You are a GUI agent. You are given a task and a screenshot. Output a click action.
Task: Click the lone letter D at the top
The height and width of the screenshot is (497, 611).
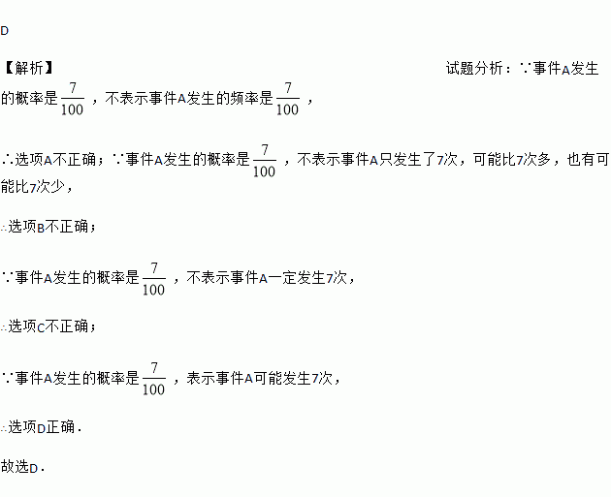click(5, 31)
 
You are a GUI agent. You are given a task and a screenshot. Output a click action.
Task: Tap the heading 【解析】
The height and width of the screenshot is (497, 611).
click(27, 68)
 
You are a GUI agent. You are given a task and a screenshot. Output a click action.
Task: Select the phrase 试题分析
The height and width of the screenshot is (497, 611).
click(474, 68)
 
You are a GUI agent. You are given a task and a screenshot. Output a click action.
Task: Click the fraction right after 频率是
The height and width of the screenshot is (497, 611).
click(287, 99)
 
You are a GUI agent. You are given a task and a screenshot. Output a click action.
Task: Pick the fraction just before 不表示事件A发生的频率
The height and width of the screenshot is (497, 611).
click(72, 99)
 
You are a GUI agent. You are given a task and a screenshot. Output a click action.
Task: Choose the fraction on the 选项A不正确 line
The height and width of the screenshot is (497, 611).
click(264, 161)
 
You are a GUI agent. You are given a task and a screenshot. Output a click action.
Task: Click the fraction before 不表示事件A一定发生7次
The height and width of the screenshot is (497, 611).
click(153, 278)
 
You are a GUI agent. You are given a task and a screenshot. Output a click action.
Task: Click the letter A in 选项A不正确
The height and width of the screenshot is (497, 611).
click(48, 160)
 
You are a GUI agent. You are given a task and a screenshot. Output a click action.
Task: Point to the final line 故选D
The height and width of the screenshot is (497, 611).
click(23, 467)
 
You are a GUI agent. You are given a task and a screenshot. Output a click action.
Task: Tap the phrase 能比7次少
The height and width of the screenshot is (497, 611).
click(39, 186)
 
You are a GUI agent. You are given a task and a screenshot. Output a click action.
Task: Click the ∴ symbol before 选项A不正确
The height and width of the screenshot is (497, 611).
click(7, 160)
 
